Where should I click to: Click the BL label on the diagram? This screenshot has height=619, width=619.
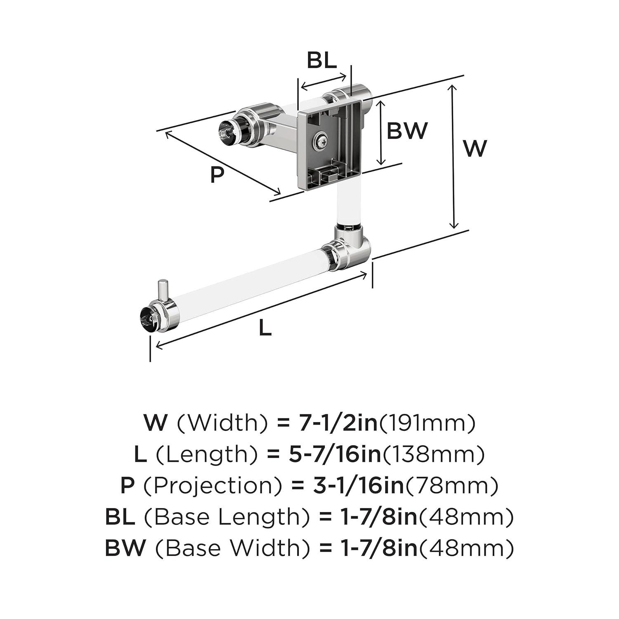tap(321, 60)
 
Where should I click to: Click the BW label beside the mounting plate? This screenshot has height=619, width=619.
tap(406, 130)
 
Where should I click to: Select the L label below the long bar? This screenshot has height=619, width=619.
tap(265, 328)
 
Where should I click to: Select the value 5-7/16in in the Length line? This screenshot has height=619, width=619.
tap(333, 454)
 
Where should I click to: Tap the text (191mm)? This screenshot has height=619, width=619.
tap(427, 423)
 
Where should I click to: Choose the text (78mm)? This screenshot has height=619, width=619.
tap(452, 486)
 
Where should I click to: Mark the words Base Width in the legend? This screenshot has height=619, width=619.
tap(233, 549)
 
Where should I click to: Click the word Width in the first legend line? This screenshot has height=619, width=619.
tap(222, 423)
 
